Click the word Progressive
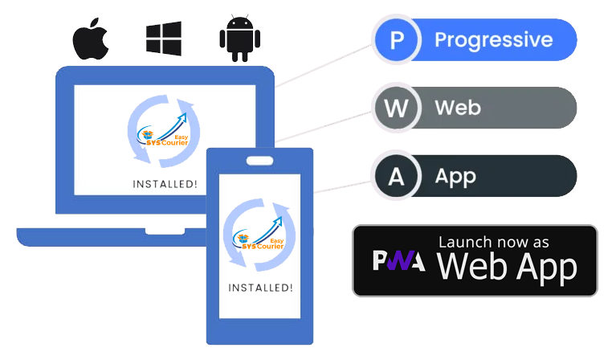(493, 40)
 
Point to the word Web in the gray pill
(458, 108)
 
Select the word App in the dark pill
(455, 176)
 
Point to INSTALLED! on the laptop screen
(165, 185)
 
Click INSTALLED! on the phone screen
(260, 287)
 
